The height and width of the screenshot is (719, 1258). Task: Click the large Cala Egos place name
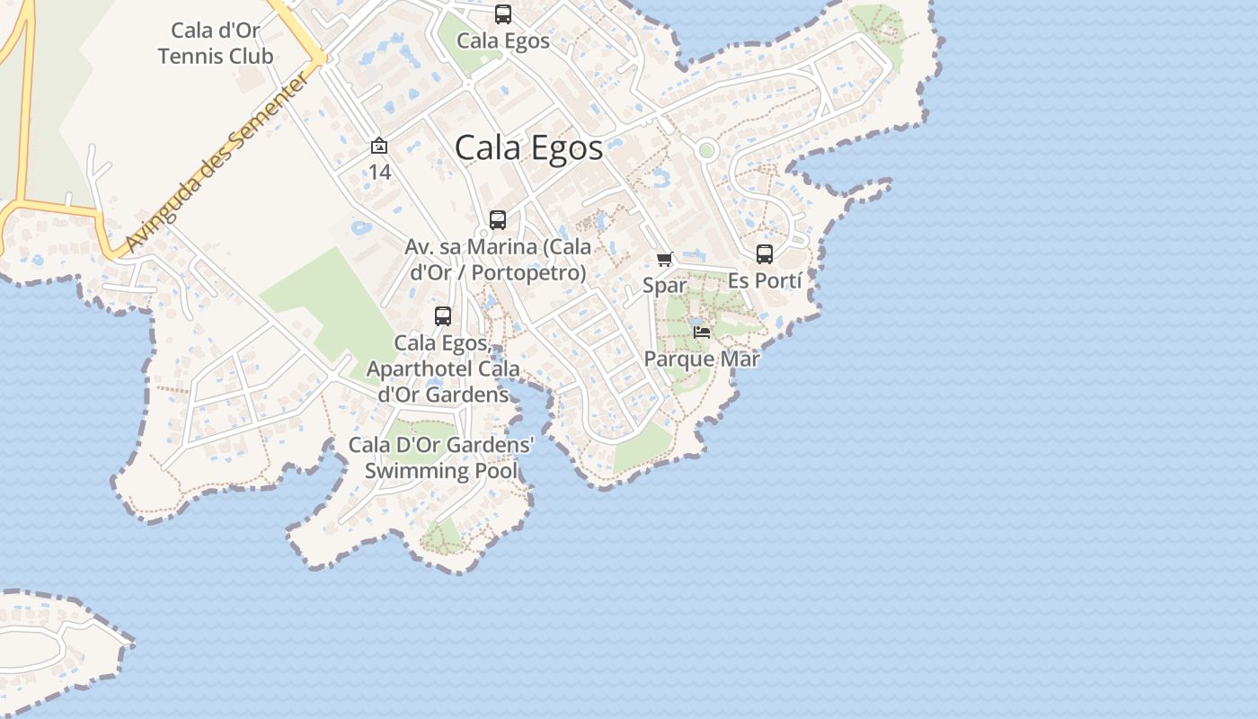528,147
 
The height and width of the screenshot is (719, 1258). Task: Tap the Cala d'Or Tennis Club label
216,43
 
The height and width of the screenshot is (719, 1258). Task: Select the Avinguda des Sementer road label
218,163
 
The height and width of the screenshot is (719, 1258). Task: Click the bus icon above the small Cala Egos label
503,14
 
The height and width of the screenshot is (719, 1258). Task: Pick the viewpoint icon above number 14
379,146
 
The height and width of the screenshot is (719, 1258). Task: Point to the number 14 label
379,172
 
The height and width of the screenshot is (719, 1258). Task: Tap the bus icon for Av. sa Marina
497,219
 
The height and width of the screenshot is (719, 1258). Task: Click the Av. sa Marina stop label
498,259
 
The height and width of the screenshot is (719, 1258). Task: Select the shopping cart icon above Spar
664,260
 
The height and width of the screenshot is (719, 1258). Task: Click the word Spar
664,286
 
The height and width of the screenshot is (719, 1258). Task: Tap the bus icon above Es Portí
765,254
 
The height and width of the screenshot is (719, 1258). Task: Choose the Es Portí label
765,280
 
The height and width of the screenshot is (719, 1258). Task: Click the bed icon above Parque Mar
702,333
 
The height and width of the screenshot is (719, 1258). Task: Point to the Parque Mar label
702,359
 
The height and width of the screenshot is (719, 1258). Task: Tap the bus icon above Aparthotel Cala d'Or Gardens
443,316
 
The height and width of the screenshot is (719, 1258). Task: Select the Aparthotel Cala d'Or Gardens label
442,368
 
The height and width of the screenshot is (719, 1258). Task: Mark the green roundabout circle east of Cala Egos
706,150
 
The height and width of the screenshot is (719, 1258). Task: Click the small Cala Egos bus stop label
503,40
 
